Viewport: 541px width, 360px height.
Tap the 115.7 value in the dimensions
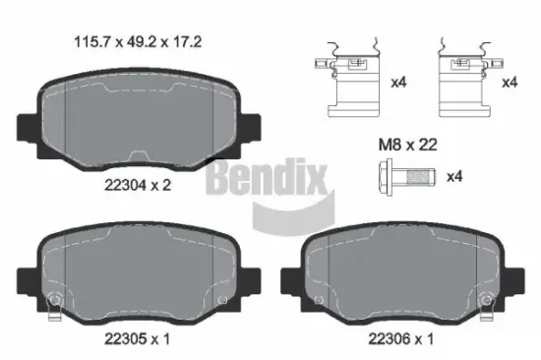coord(92,42)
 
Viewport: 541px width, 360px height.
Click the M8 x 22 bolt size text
coord(408,144)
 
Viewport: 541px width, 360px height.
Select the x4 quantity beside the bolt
coord(455,178)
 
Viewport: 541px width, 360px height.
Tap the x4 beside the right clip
coord(510,84)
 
